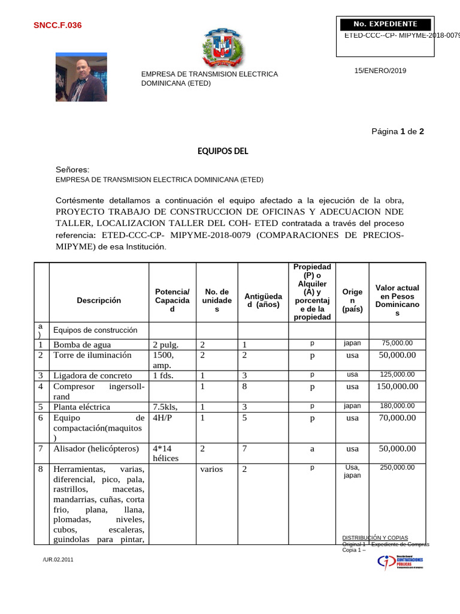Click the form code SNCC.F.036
pos(57,25)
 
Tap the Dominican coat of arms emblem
pos(224,49)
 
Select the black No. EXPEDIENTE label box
pos(385,24)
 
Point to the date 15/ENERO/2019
pos(380,71)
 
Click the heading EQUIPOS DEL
pos(223,151)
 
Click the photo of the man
pos(81,77)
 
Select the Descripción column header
pos(99,300)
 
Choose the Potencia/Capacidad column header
pos(172,300)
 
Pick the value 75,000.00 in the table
pos(397,343)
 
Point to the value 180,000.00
pos(397,406)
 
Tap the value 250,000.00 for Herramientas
pos(397,467)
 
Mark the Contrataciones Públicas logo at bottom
pos(400,562)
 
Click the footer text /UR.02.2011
pos(59,559)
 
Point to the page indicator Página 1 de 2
pos(398,131)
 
